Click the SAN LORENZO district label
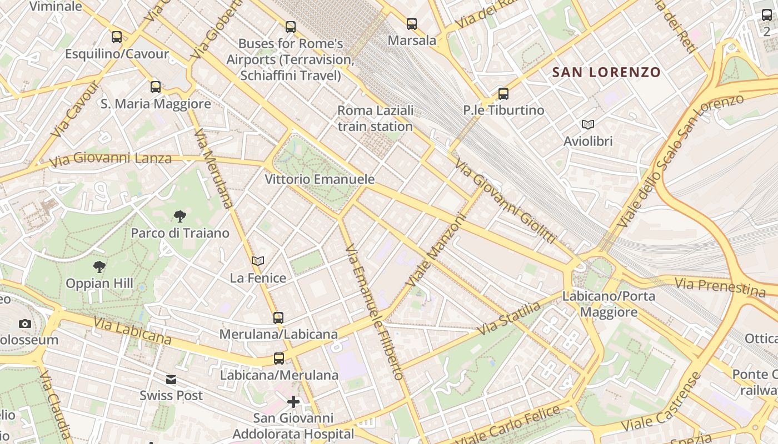tap(606, 72)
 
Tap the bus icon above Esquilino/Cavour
tap(117, 37)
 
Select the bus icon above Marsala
tap(411, 24)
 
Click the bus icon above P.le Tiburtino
tap(503, 94)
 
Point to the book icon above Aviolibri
tap(587, 125)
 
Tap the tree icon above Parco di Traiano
tap(179, 216)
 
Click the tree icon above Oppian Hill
tap(99, 267)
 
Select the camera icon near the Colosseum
tap(24, 324)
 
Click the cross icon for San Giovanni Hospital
tap(293, 401)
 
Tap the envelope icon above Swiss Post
tap(171, 380)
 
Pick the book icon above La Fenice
tap(258, 261)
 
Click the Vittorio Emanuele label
tap(319, 179)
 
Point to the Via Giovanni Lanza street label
tap(111, 159)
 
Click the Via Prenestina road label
tap(720, 287)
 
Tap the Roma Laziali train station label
tap(375, 118)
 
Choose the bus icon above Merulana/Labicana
tap(278, 318)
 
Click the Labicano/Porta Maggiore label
tap(609, 304)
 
